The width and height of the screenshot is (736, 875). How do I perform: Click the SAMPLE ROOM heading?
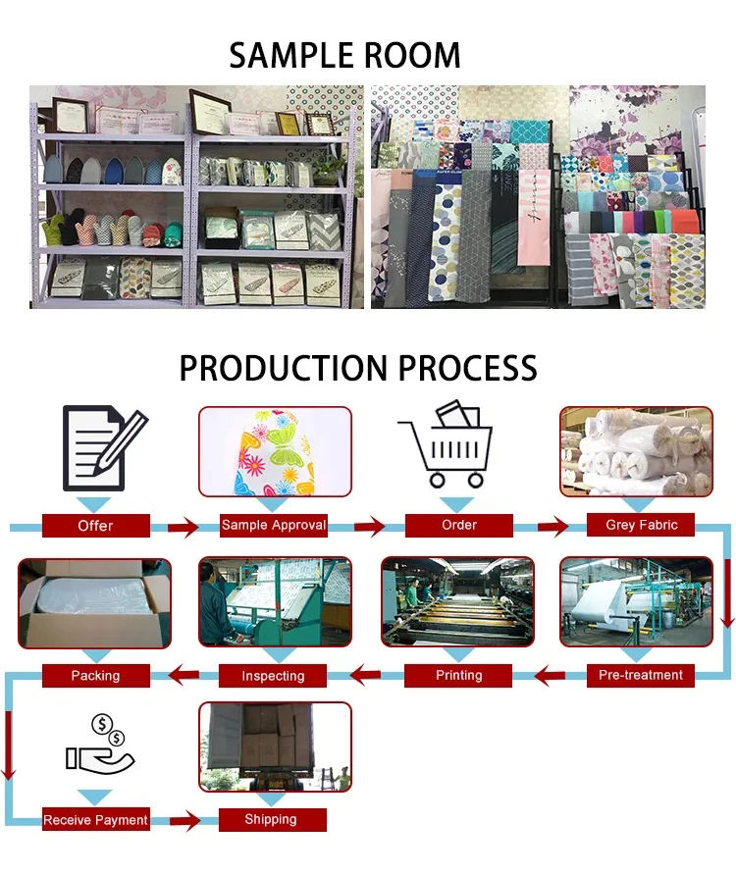344,55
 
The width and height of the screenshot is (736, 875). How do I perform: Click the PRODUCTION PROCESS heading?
358,368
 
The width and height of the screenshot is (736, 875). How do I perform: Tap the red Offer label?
95,526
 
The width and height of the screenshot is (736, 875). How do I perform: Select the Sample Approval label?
274,525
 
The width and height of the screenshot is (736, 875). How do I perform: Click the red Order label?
458,525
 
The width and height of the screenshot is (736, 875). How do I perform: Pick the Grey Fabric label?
641,525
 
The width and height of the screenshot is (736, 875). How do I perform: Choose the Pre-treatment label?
641,675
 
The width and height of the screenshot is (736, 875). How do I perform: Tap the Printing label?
458,675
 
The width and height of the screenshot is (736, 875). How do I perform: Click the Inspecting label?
273,675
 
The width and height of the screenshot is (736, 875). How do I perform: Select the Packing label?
95,675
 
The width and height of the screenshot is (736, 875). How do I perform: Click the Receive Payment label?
95,819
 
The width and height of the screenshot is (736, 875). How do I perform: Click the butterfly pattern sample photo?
275,452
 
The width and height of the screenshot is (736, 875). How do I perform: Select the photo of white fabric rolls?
636,450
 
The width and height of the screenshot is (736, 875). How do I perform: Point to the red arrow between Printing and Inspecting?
366,675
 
